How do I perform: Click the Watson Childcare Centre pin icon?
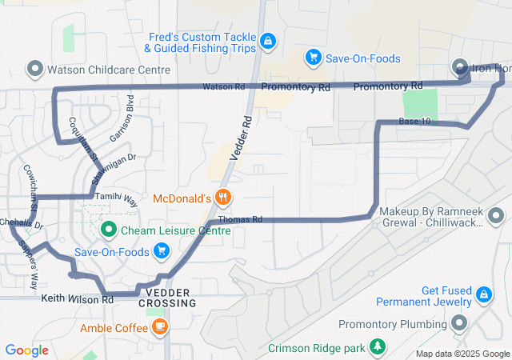pyautogui.click(x=34, y=70)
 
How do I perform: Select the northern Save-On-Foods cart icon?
pyautogui.click(x=314, y=58)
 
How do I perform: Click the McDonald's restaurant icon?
pyautogui.click(x=223, y=198)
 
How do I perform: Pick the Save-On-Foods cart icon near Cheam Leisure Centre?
pyautogui.click(x=162, y=252)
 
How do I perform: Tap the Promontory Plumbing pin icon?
pyautogui.click(x=459, y=323)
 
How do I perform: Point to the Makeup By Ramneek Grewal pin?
pyautogui.click(x=497, y=216)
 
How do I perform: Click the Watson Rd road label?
pyautogui.click(x=223, y=86)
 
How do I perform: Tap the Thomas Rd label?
pyautogui.click(x=240, y=219)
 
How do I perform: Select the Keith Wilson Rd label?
pyautogui.click(x=77, y=299)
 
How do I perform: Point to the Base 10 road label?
pyautogui.click(x=414, y=121)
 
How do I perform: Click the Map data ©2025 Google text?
pyautogui.click(x=462, y=354)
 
